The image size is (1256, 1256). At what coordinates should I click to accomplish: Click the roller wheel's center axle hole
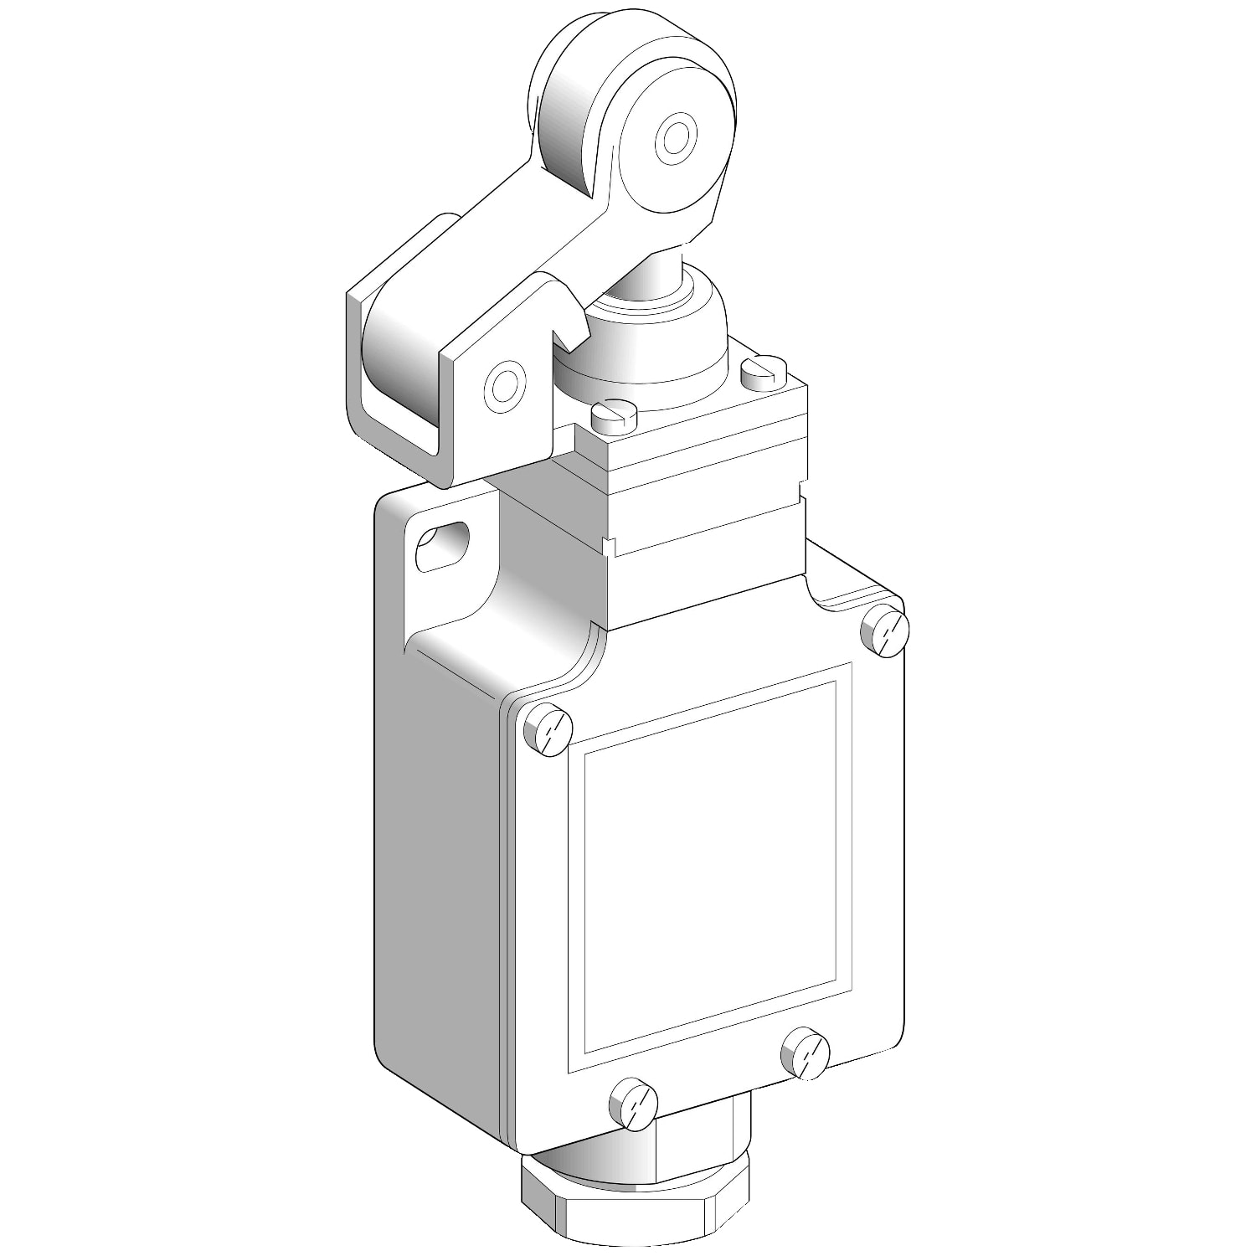[675, 136]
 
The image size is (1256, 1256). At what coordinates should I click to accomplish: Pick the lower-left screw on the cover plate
[634, 1104]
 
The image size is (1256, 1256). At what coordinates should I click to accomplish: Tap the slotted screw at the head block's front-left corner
[615, 415]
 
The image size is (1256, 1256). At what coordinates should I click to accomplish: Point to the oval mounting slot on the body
[440, 546]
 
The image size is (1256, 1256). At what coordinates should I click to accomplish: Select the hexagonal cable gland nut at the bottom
[636, 1206]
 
